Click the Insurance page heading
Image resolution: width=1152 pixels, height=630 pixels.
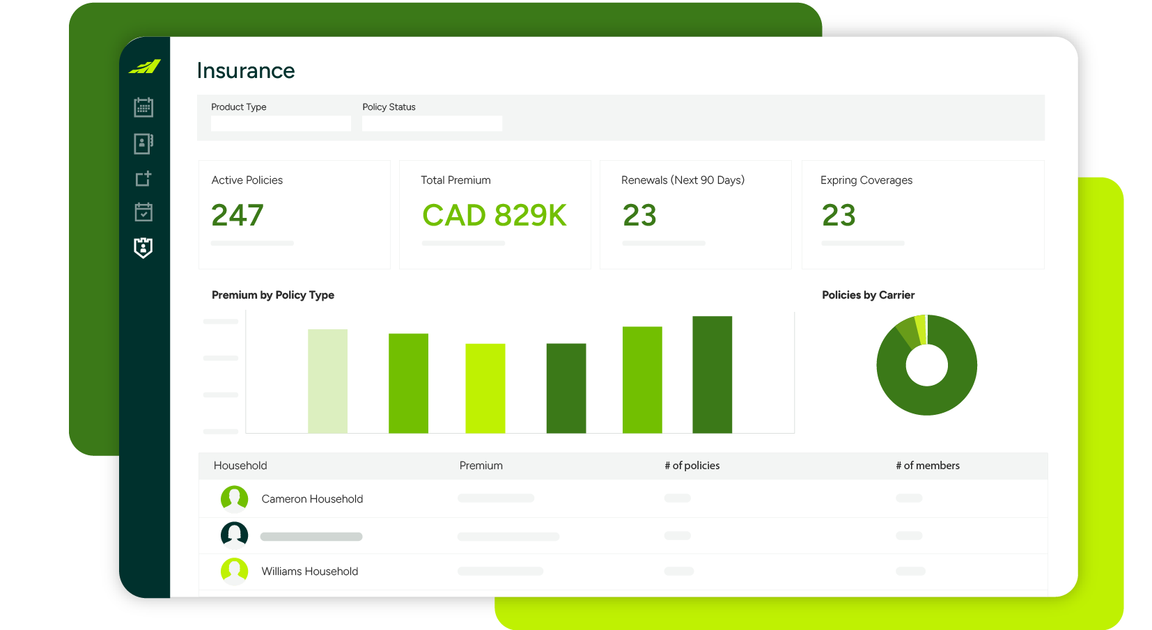[x=245, y=70]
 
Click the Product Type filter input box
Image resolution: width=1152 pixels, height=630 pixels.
[x=281, y=124]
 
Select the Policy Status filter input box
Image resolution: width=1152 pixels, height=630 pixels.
[x=432, y=124]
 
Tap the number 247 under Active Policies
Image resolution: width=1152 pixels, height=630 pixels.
[x=238, y=215]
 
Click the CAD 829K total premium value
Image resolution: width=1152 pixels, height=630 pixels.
[x=494, y=215]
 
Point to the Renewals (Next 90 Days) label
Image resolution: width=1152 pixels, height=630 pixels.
[x=683, y=180]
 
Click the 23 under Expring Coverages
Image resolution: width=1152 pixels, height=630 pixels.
[x=839, y=215]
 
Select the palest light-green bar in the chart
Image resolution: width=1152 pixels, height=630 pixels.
[x=327, y=381]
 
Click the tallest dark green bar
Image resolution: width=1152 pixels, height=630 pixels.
[x=712, y=375]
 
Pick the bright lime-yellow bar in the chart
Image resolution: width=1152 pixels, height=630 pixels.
[x=485, y=388]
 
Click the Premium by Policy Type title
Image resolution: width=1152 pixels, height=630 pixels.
[x=273, y=295]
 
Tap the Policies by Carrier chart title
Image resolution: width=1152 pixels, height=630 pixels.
[x=868, y=295]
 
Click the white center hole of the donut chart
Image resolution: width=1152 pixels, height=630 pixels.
[x=926, y=365]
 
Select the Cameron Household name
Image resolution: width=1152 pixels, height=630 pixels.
[x=312, y=499]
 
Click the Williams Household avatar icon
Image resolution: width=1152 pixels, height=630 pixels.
[x=234, y=571]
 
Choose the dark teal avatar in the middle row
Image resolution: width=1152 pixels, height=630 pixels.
[x=234, y=535]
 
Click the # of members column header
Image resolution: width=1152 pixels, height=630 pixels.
[x=927, y=466]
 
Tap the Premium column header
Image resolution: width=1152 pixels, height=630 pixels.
[x=481, y=466]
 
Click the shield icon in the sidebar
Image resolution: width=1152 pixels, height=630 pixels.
[x=143, y=248]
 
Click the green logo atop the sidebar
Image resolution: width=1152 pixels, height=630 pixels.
[x=145, y=67]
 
